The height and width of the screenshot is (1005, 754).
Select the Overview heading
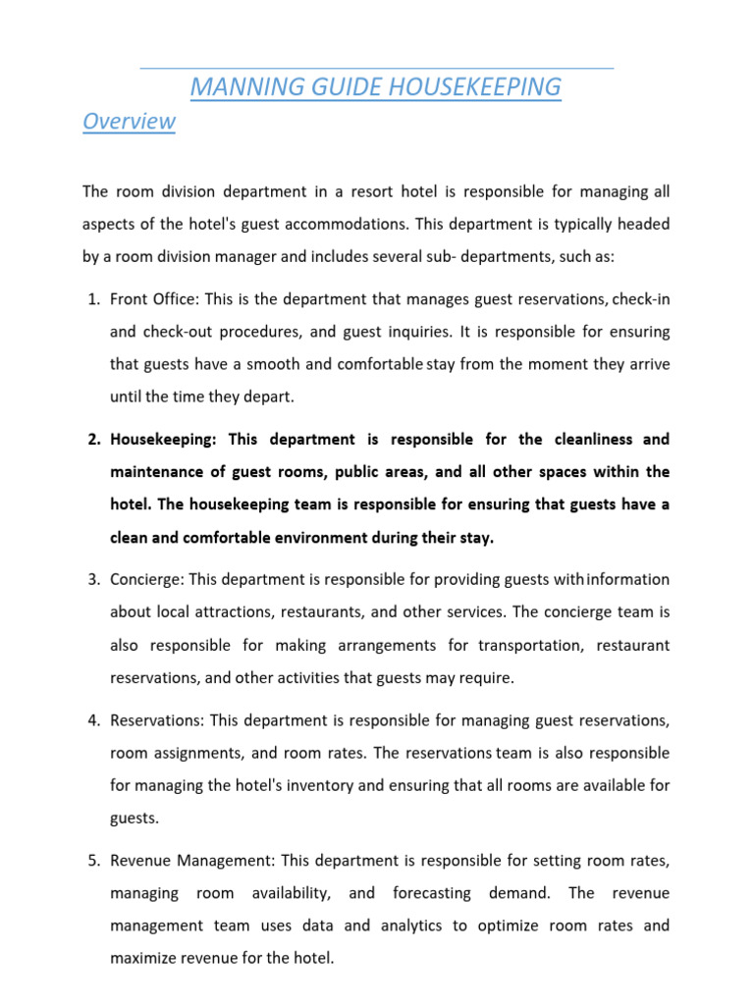pyautogui.click(x=129, y=122)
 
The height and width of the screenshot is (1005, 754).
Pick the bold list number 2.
pyautogui.click(x=94, y=439)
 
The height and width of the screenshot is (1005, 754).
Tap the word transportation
pyautogui.click(x=530, y=646)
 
